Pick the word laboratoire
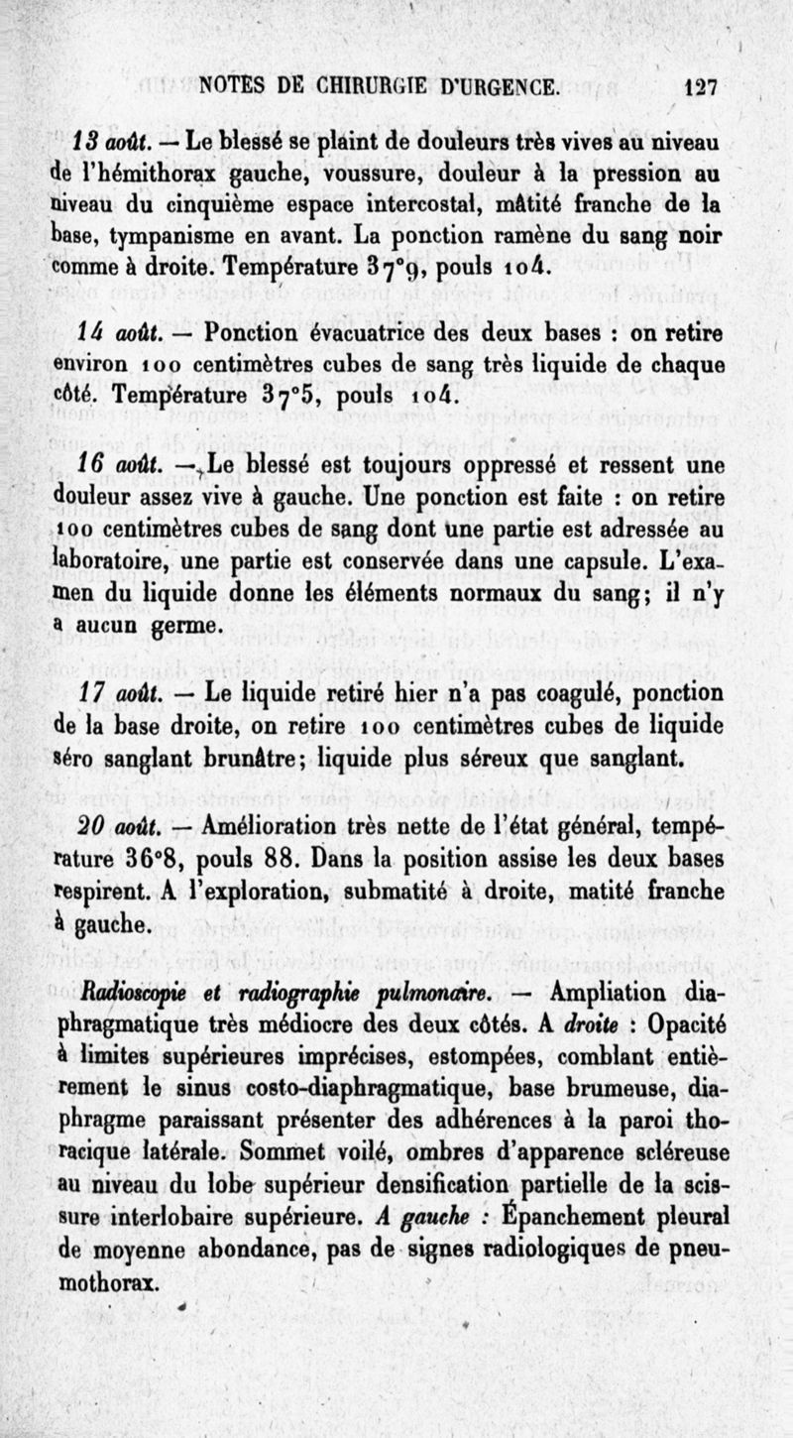84,558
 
